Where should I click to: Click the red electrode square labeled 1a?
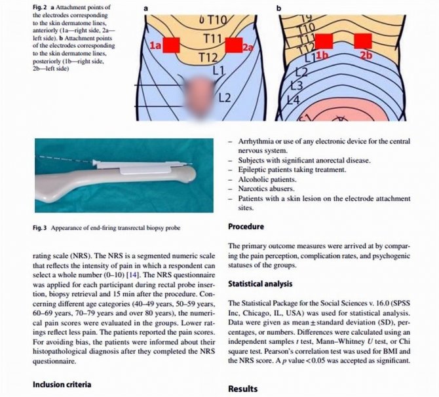coord(171,45)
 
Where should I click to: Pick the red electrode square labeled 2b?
coord(362,41)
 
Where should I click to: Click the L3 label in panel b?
coord(296,85)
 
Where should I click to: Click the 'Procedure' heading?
coord(246,227)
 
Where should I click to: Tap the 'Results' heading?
coord(242,388)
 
